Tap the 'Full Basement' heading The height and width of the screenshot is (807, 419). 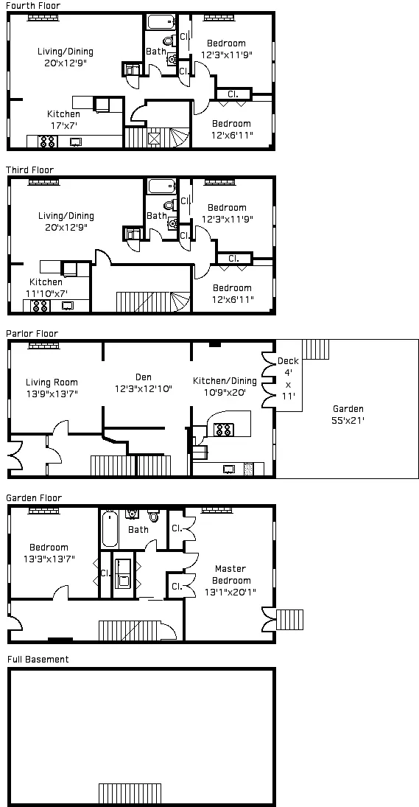pos(38,659)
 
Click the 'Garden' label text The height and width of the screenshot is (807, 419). pos(348,409)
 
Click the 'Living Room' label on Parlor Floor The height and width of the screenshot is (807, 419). pos(52,382)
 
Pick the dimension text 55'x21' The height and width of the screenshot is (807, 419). pos(348,420)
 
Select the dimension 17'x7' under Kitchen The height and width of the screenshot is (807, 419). pos(63,125)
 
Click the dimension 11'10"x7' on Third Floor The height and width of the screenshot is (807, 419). pos(46,293)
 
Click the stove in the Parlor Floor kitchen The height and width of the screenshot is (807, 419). pos(223,428)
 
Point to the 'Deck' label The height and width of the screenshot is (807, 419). pos(288,361)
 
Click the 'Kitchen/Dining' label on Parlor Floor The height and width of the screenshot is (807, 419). pos(225,381)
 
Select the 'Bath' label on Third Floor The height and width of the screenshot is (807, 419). pos(156,216)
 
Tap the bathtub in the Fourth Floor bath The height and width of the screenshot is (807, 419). pos(161,21)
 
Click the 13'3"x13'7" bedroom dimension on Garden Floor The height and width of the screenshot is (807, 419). pos(49,558)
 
